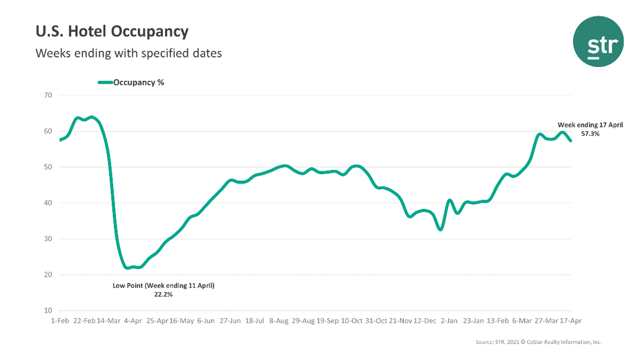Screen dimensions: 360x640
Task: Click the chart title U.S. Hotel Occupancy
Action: coord(112,32)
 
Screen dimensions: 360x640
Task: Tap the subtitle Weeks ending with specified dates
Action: coord(129,53)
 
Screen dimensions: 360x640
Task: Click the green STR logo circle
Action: coord(598,41)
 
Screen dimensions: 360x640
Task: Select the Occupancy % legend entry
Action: coord(131,82)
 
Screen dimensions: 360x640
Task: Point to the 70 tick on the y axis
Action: coord(49,95)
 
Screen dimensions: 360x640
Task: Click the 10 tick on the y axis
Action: coord(49,311)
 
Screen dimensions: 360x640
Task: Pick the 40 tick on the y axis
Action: coord(49,203)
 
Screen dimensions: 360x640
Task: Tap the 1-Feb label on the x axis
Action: coord(59,320)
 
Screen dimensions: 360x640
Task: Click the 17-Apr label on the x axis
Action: coord(571,320)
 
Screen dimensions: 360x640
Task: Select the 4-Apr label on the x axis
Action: coord(133,320)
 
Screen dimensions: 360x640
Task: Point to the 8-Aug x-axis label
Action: coord(278,320)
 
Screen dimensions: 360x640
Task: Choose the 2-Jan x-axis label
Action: coord(449,320)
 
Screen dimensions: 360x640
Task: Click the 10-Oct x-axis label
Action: coord(351,320)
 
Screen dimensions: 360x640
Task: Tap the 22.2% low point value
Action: coord(163,295)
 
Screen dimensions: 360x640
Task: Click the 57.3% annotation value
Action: coord(590,133)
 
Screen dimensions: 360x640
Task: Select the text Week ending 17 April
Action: coord(590,125)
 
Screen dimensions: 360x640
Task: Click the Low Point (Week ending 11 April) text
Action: coord(163,285)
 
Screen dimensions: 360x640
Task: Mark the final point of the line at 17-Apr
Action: coord(571,141)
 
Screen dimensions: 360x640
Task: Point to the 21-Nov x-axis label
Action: coord(400,320)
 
